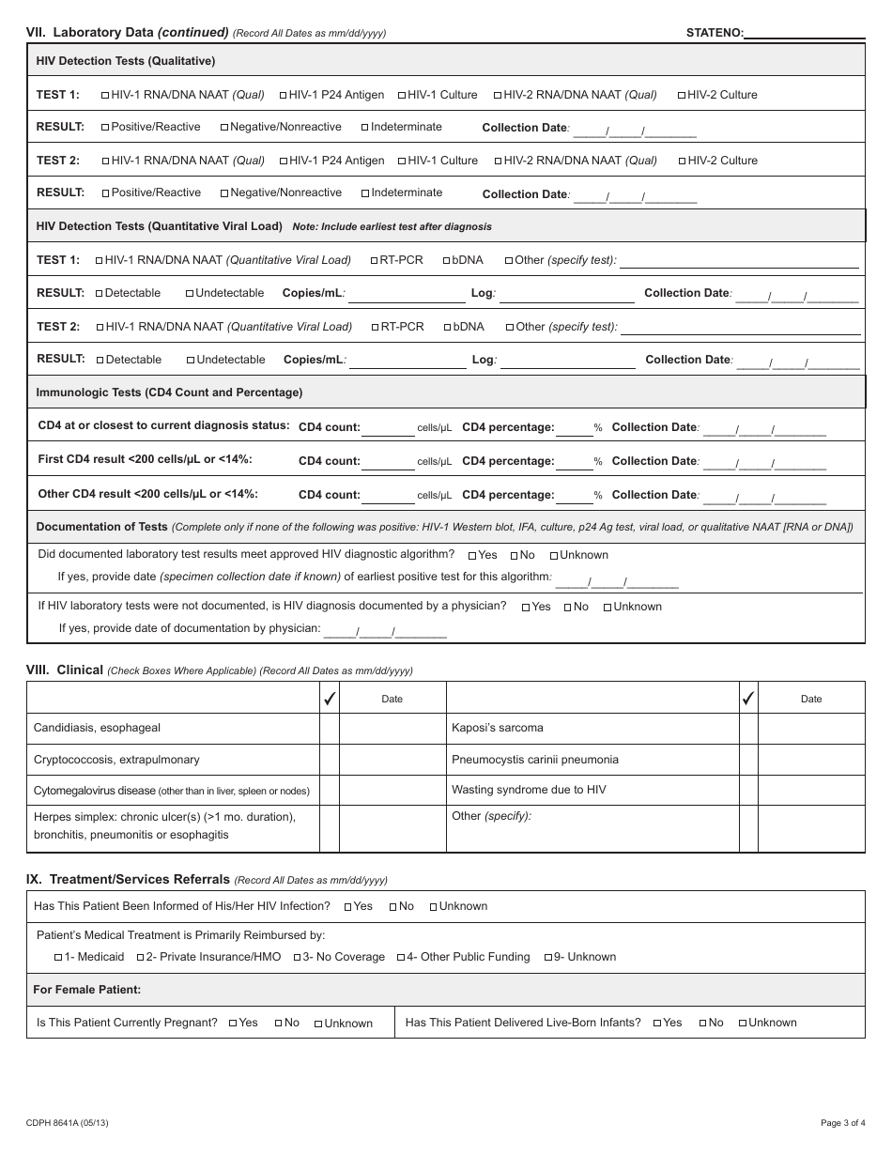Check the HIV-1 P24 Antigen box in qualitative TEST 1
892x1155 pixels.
284,95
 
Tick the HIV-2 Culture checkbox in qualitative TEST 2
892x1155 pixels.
683,161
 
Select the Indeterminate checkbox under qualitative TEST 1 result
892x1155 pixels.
365,128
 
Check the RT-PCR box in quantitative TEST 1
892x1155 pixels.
374,260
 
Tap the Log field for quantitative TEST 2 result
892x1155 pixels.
567,361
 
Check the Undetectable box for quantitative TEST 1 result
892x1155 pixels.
190,294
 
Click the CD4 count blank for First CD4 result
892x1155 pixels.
388,462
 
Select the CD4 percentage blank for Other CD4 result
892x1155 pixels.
574,496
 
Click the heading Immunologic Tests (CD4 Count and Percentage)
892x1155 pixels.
169,393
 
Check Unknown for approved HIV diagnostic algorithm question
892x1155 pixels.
554,556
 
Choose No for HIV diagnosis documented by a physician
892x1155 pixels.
568,608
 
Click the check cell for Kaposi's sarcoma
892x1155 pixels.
747,728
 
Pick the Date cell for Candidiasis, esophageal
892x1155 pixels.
392,728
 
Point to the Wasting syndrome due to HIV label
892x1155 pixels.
529,790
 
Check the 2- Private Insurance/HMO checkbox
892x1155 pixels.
140,958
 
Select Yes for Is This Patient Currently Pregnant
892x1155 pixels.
233,1024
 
